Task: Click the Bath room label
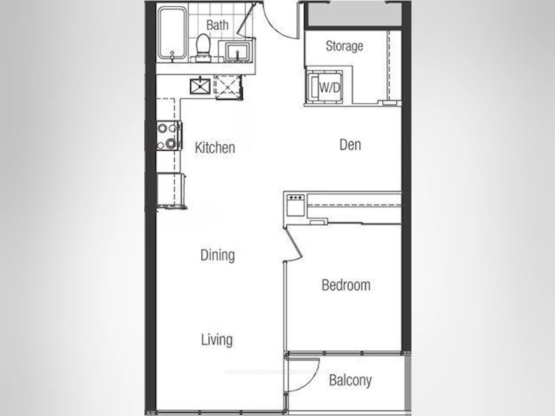[217, 25]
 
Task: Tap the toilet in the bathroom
[203, 47]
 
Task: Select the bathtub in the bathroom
[172, 33]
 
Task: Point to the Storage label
[344, 46]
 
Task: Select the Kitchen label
[215, 148]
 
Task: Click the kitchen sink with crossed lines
[200, 86]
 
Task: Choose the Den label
[350, 145]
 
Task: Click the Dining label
[217, 255]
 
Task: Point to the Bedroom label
[345, 285]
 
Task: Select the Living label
[216, 340]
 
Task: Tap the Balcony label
[350, 381]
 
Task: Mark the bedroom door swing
[293, 245]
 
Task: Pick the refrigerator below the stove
[171, 190]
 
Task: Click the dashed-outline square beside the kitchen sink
[228, 87]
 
